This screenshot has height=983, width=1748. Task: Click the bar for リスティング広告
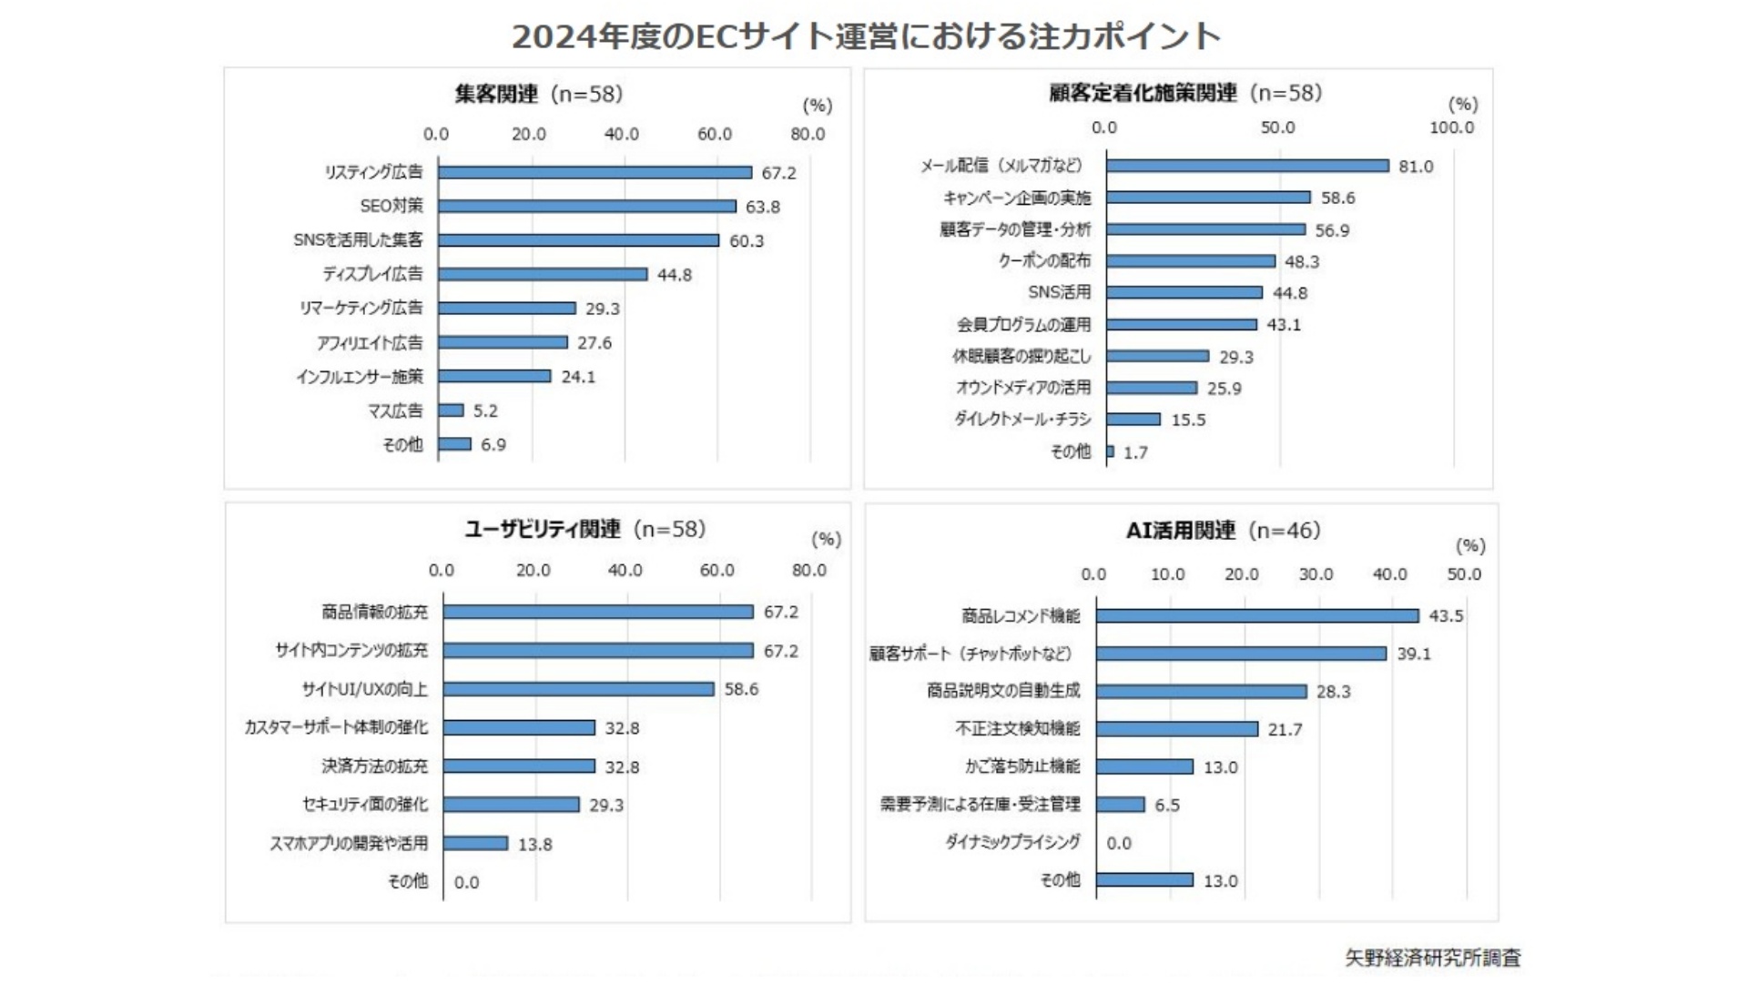click(x=595, y=172)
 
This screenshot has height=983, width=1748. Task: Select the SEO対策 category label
click(x=391, y=206)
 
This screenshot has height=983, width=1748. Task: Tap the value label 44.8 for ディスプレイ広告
click(x=675, y=275)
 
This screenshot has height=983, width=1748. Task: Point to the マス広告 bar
click(x=451, y=410)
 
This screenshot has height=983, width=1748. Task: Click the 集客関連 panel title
click(x=538, y=94)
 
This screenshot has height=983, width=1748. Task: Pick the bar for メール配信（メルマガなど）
click(x=1247, y=166)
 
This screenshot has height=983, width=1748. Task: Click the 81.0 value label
click(x=1416, y=167)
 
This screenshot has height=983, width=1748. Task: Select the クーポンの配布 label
click(x=1044, y=261)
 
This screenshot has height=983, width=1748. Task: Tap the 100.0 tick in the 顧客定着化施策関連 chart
click(x=1451, y=127)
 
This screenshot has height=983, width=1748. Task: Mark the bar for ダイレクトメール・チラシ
click(x=1133, y=420)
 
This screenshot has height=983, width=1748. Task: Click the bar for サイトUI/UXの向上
click(x=579, y=689)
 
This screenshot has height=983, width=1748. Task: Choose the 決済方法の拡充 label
click(x=374, y=766)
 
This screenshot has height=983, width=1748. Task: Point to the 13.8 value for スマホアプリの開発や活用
click(x=535, y=845)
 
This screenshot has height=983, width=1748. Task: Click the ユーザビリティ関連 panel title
click(x=584, y=529)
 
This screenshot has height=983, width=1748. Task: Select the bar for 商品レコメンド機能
click(x=1257, y=616)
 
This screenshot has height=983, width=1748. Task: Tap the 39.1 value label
click(x=1414, y=654)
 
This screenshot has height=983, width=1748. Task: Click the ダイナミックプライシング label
click(x=1012, y=842)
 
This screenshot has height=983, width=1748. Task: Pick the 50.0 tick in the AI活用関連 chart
click(x=1464, y=574)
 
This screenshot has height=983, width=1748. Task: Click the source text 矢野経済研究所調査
click(x=1433, y=958)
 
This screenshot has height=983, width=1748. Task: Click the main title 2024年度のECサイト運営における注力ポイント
click(x=866, y=36)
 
